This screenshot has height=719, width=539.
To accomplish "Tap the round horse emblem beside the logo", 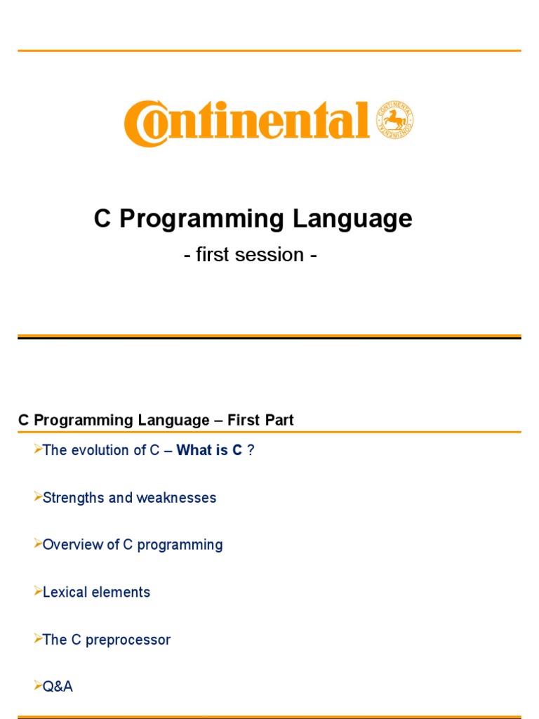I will (395, 120).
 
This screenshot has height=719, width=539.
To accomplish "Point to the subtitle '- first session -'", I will (251, 254).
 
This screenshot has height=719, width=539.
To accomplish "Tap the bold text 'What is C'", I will (209, 450).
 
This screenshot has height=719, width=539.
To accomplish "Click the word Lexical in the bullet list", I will (65, 592).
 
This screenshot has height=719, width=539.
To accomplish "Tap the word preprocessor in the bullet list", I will (128, 640).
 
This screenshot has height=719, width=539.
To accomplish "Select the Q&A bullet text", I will (58, 687).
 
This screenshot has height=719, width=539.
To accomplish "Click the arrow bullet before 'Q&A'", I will (38, 686).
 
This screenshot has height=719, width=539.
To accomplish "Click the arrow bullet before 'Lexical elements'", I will (38, 591).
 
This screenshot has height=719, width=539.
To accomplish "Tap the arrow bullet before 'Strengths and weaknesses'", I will (38, 497).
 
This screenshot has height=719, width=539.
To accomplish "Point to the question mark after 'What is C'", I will (251, 450).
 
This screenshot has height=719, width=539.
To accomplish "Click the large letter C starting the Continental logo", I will (144, 124).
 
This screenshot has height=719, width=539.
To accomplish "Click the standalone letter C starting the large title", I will (103, 219).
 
